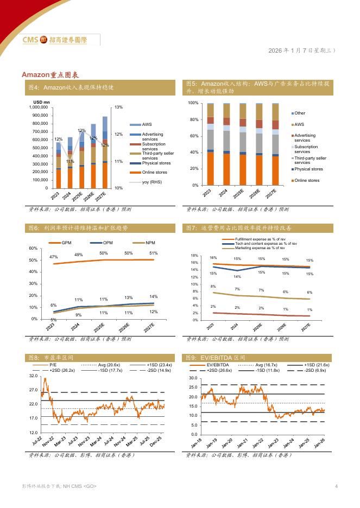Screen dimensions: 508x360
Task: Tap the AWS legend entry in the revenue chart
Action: [147, 124]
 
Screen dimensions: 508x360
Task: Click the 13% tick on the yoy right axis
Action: [119, 107]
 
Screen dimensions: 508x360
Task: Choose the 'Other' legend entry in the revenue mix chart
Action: [300, 113]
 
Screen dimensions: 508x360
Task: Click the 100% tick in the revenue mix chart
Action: [193, 103]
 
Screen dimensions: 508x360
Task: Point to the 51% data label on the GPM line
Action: [154, 253]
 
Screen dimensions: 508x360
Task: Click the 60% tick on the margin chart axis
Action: [33, 249]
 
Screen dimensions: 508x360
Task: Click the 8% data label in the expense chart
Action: [213, 287]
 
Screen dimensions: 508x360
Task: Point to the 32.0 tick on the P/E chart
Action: [33, 376]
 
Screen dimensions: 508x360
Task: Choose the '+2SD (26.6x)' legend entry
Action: [218, 370]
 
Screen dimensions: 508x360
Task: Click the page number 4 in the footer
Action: [337, 486]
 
